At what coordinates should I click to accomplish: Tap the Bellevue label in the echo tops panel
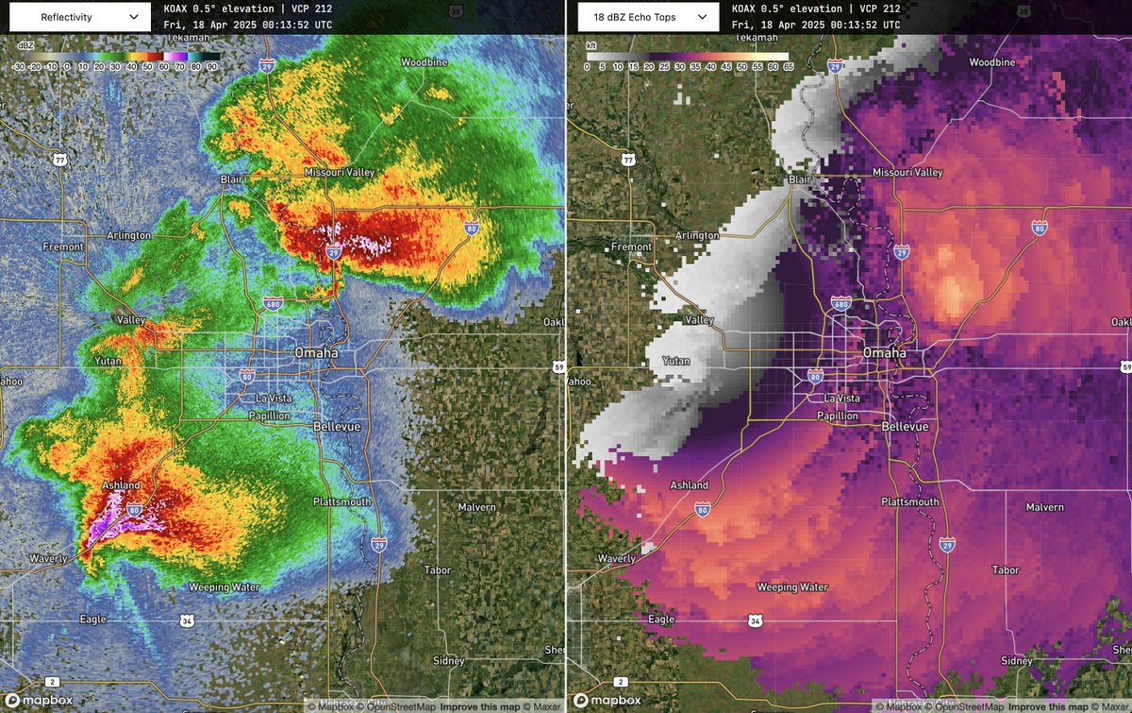(906, 427)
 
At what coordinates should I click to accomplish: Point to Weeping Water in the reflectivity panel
(224, 587)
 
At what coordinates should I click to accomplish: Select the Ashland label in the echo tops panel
(689, 485)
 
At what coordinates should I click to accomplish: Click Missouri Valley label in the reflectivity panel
(340, 173)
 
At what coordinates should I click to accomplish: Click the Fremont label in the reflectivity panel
(63, 246)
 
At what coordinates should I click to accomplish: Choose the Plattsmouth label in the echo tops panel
(909, 502)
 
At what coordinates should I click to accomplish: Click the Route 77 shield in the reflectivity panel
(61, 161)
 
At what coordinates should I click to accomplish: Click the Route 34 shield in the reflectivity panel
(186, 620)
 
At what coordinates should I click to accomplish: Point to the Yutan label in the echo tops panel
(676, 361)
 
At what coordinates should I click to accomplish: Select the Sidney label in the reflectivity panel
(448, 661)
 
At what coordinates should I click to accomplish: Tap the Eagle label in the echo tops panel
(661, 620)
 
